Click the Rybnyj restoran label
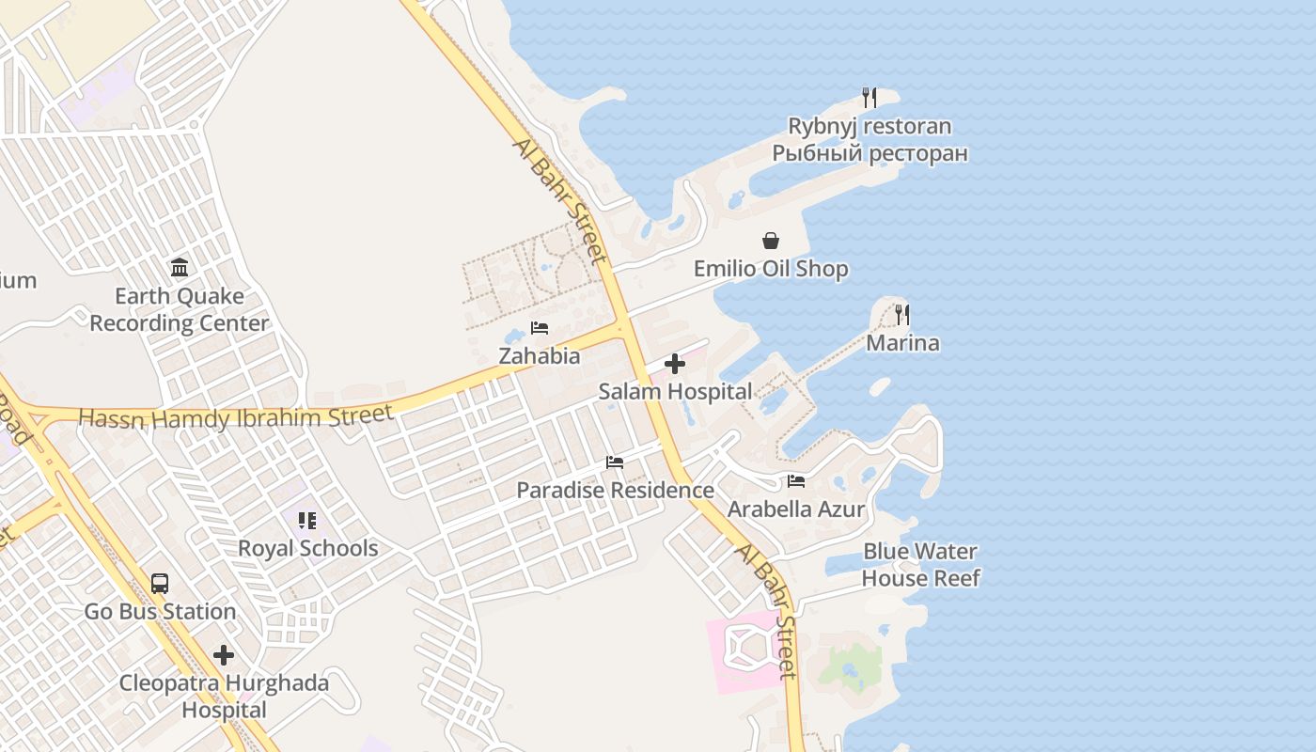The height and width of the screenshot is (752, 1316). click(869, 126)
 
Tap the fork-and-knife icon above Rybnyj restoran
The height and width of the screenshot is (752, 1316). click(869, 97)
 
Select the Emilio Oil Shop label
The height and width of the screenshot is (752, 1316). click(771, 269)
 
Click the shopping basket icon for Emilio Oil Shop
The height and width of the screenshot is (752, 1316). click(771, 241)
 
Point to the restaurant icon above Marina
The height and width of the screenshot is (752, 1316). click(902, 314)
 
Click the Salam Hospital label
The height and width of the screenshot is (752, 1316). click(675, 392)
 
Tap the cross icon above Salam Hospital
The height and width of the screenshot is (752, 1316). click(675, 364)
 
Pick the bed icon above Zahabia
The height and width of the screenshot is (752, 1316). click(540, 328)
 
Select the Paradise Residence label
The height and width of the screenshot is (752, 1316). click(615, 491)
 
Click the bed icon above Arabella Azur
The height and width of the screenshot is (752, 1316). click(796, 481)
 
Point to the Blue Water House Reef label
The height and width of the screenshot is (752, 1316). click(920, 565)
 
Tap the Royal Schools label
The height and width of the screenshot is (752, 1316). click(307, 549)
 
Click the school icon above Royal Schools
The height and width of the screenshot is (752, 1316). click(307, 520)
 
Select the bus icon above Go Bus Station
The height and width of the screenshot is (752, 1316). click(160, 583)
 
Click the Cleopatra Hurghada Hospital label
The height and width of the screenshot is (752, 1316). click(224, 697)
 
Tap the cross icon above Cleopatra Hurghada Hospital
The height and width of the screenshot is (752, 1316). click(224, 654)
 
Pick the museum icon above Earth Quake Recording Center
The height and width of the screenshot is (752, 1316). click(180, 268)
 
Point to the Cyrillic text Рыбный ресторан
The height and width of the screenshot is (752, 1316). click(869, 153)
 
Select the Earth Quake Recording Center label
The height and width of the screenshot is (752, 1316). click(179, 310)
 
